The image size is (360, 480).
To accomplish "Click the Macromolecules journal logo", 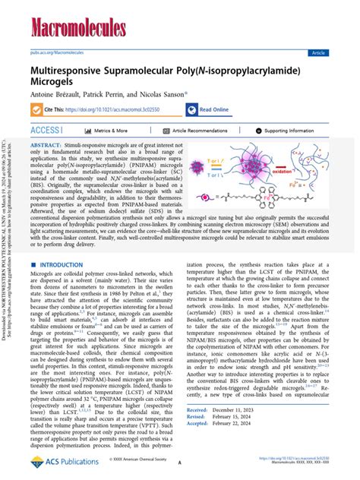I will coord(78,29).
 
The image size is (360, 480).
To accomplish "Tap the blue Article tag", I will coord(318,53).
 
